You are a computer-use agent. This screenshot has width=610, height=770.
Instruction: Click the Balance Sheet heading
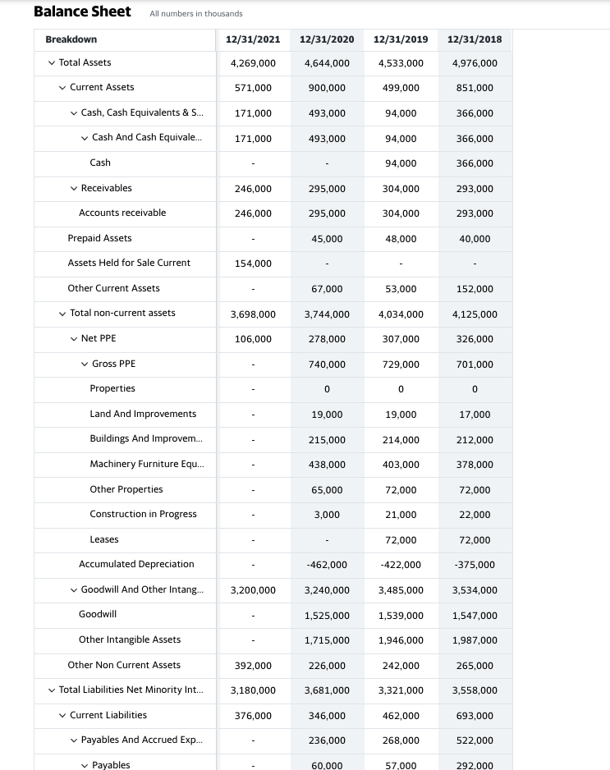pos(82,11)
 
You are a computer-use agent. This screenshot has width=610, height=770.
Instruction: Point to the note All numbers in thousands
pos(196,14)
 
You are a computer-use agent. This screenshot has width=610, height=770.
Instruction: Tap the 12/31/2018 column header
pos(475,39)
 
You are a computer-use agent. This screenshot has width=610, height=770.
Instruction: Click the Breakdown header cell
pos(71,39)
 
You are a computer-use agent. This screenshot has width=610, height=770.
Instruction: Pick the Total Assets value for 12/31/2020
pos(327,63)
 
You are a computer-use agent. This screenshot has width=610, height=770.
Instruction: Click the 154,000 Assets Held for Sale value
pos(253,264)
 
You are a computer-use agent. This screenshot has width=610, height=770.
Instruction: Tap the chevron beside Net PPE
pos(75,339)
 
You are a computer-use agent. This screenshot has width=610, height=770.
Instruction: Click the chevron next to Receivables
pos(75,189)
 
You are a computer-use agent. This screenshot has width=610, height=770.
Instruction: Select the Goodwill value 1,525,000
pos(327,616)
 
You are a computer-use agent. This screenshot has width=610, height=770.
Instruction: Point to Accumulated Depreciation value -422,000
pos(401,565)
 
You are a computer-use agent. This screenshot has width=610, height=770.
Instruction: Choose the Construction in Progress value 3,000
pos(327,515)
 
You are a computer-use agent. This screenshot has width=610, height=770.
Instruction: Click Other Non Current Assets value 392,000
pos(253,666)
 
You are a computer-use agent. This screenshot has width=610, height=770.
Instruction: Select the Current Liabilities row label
pos(108,715)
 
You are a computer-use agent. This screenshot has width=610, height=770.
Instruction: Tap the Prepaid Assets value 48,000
pos(401,239)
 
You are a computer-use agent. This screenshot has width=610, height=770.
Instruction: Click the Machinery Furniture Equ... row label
pos(147,464)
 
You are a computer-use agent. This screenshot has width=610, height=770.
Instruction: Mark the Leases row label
pos(104,539)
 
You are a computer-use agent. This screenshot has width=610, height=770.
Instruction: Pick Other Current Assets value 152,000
pos(475,289)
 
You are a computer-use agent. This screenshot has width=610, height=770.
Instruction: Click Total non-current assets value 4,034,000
pos(401,314)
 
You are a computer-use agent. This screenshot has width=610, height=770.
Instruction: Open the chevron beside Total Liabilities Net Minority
pos(52,690)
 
